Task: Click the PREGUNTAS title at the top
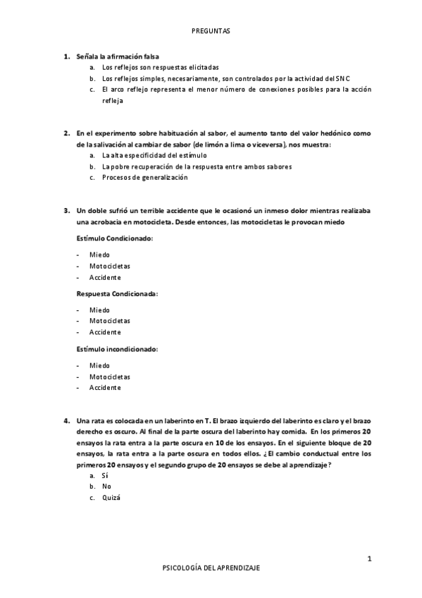pyautogui.click(x=211, y=31)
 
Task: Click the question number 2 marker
pyautogui.click(x=66, y=133)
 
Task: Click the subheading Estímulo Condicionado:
pyautogui.click(x=114, y=239)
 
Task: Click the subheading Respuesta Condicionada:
pyautogui.click(x=117, y=293)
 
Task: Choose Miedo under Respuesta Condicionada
pyautogui.click(x=99, y=310)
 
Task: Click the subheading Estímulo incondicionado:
pyautogui.click(x=117, y=349)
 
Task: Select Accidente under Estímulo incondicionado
pyautogui.click(x=105, y=388)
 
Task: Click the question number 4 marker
pyautogui.click(x=66, y=421)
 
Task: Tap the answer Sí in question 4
pyautogui.click(x=104, y=476)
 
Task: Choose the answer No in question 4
pyautogui.click(x=106, y=487)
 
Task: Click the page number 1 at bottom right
pyautogui.click(x=369, y=559)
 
